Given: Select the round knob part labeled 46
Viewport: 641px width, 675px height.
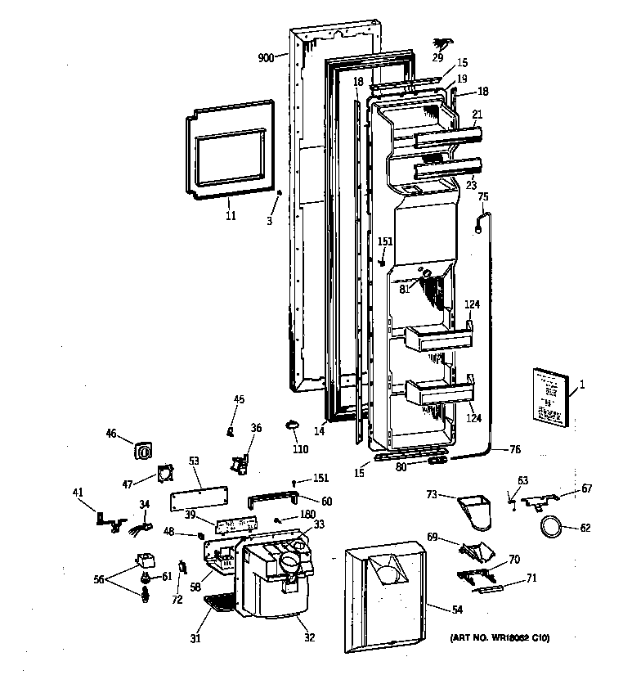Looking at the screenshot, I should point(146,451).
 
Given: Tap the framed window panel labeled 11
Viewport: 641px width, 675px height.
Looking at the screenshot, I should point(228,152).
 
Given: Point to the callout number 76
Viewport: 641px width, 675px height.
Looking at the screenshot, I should point(515,448).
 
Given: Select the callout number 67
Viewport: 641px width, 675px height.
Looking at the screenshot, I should point(586,489).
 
